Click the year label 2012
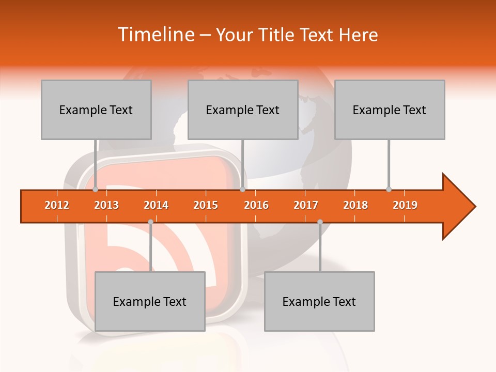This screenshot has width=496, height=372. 57,205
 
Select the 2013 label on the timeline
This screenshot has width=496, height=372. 106,205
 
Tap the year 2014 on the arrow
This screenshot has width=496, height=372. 156,205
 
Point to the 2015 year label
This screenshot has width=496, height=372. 206,205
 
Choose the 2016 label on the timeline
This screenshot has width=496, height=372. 256,205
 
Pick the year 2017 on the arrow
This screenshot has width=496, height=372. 306,205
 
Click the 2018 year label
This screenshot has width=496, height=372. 355,205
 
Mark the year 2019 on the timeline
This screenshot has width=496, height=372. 405,205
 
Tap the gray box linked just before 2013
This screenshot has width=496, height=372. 96,110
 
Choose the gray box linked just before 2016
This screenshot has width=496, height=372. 243,110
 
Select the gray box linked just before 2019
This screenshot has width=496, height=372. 390,110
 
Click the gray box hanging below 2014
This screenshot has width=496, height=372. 150,301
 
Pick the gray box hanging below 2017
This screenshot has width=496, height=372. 319,301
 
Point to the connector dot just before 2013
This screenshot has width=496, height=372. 96,189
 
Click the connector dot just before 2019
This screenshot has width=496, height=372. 389,189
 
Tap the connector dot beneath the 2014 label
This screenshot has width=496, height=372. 150,222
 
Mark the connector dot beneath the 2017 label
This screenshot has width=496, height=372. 320,222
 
